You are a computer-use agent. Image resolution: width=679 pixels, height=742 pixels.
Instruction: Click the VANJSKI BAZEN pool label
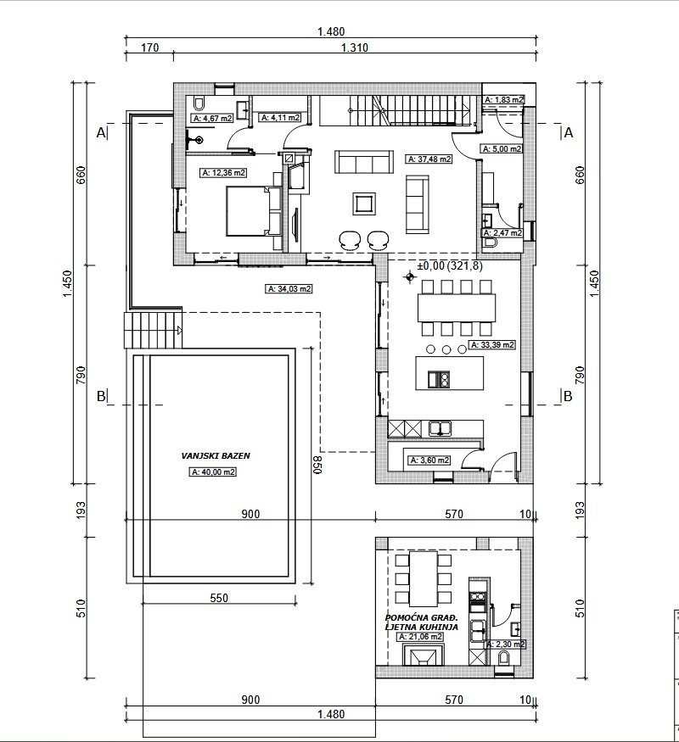(x=216, y=455)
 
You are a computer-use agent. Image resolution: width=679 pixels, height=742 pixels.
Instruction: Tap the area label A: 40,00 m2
(x=213, y=471)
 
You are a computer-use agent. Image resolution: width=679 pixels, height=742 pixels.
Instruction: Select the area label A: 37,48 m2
(x=429, y=159)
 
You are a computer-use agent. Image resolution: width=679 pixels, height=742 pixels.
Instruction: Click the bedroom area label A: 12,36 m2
(x=223, y=173)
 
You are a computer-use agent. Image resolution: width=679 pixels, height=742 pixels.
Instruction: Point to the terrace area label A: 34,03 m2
(x=289, y=288)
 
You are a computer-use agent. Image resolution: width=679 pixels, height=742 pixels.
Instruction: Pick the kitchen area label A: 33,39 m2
(x=492, y=345)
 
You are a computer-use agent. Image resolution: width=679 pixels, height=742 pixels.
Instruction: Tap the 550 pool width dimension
(x=219, y=598)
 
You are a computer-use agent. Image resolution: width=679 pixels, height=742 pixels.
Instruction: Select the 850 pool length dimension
(x=317, y=465)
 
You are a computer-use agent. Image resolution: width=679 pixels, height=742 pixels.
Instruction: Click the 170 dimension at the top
(x=149, y=47)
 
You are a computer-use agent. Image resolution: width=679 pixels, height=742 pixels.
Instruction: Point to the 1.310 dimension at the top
(x=355, y=47)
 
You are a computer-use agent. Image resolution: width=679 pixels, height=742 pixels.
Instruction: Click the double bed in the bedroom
(x=253, y=211)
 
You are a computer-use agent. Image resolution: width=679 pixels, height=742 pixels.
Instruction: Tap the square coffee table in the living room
(x=364, y=204)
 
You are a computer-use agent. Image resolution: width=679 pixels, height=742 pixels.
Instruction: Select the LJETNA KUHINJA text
(x=422, y=627)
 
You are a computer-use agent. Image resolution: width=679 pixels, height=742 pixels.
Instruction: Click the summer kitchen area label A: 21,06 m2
(x=420, y=637)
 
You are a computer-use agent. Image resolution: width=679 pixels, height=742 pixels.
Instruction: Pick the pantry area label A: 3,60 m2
(x=429, y=460)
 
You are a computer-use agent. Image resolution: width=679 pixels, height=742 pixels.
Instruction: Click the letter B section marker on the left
(x=101, y=396)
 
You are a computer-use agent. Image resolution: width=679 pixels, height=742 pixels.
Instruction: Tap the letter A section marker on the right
(x=568, y=133)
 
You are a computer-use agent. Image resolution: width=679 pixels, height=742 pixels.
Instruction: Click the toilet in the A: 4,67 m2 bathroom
(x=199, y=103)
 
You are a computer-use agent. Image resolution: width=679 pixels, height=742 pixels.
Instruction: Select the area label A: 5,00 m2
(x=502, y=148)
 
